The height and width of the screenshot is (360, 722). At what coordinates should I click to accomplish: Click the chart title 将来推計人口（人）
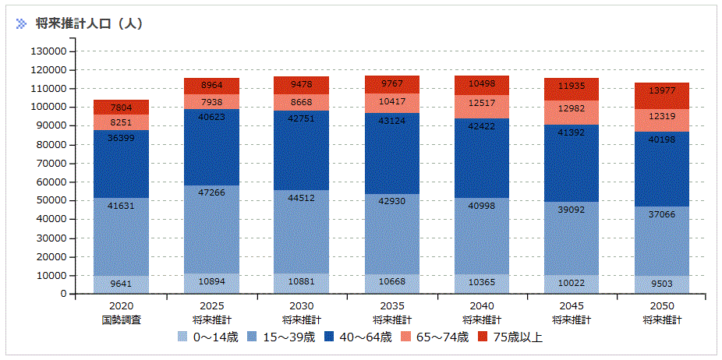[89, 23]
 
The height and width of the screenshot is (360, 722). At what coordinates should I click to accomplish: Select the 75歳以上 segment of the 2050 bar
[661, 97]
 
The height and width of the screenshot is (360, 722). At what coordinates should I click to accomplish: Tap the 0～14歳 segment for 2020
[121, 284]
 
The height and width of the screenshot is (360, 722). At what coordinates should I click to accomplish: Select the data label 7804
[121, 108]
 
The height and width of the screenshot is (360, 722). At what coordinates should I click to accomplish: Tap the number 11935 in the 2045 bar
[572, 86]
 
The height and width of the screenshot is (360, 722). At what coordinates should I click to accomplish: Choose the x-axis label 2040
[481, 306]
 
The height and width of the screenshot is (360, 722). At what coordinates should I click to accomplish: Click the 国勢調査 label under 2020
[121, 319]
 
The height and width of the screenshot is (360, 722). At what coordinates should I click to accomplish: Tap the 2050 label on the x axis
[661, 306]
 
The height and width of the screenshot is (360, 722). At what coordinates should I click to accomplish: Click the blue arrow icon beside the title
[22, 23]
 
